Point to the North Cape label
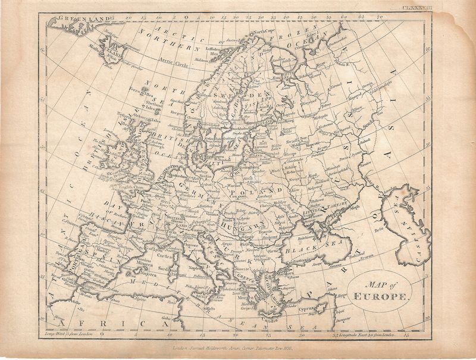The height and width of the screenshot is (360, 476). coord(264,31)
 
